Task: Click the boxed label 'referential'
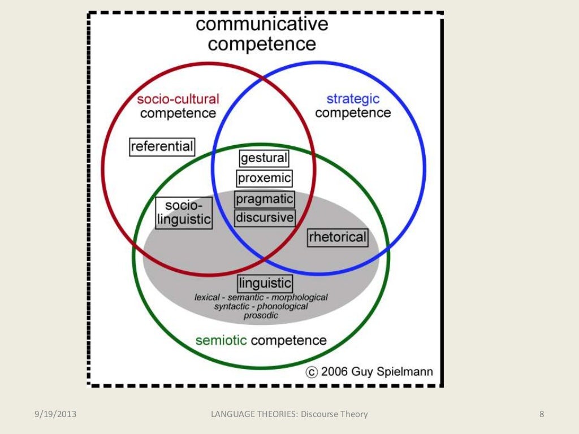tap(162, 147)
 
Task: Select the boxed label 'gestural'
tap(264, 158)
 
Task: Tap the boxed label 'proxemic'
tap(264, 179)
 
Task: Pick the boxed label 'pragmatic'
tap(265, 199)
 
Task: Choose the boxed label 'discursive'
tap(265, 218)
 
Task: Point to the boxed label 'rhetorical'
tap(338, 237)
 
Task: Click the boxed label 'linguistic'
tap(265, 283)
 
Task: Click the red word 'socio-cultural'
tap(178, 99)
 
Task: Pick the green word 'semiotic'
tap(221, 340)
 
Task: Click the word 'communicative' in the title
tap(262, 24)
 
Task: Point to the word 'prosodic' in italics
tap(261, 315)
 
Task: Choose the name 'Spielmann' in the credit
tap(405, 372)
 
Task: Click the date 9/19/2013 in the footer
tap(54, 414)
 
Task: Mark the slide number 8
tap(542, 414)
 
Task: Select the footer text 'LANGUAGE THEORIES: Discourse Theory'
tap(289, 414)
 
